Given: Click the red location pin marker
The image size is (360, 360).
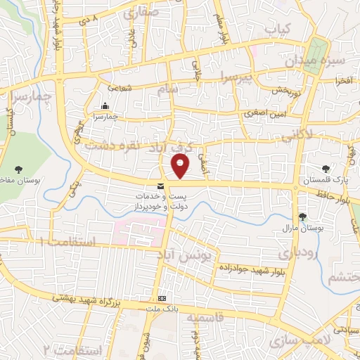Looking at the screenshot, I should [x=181, y=166].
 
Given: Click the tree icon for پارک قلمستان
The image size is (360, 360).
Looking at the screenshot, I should [x=325, y=169].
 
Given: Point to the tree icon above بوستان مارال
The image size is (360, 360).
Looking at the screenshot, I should [x=303, y=217].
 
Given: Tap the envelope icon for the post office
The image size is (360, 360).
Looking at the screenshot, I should [x=162, y=186].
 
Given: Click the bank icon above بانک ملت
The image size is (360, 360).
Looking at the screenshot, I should [x=162, y=298].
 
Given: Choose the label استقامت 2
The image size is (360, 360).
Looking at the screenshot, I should [x=72, y=349].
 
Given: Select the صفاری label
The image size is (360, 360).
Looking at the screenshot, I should [x=141, y=13].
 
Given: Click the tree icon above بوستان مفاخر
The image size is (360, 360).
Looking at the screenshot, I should [x=18, y=169].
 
